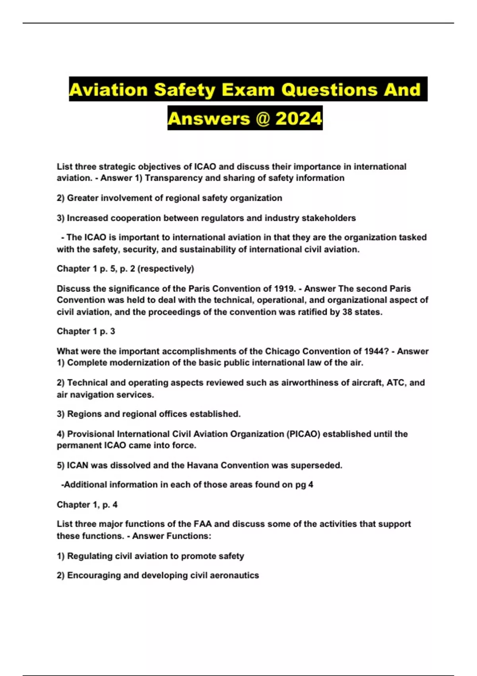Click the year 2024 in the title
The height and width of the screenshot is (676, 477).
point(299,118)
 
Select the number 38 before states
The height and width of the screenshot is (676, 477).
point(347,312)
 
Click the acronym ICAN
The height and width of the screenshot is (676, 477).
point(78,465)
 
